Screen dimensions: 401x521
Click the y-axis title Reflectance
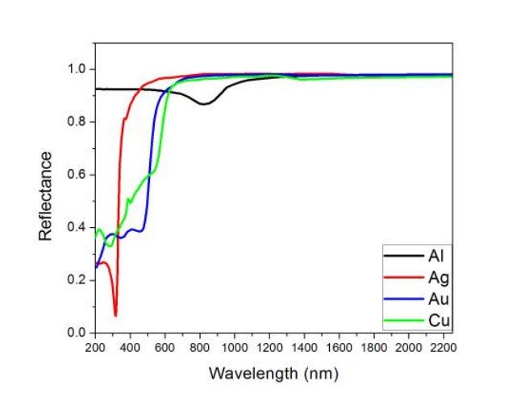pyautogui.click(x=47, y=195)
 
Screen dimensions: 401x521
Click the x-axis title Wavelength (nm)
pyautogui.click(x=273, y=374)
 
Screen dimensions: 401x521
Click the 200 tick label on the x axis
pyautogui.click(x=95, y=347)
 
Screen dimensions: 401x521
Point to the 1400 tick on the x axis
pyautogui.click(x=304, y=347)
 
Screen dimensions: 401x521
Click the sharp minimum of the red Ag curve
pyautogui.click(x=115, y=315)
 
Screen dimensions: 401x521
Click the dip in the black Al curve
pyautogui.click(x=204, y=104)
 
